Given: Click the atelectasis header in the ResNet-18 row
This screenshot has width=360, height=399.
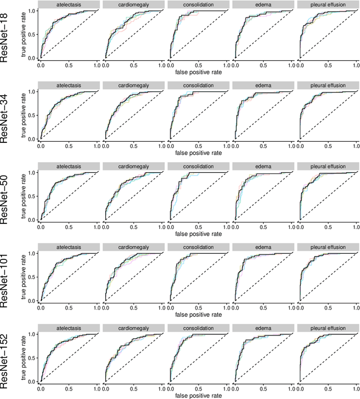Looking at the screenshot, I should coord(69,5).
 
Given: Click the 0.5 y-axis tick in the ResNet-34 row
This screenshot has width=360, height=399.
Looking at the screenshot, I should coord(32,115).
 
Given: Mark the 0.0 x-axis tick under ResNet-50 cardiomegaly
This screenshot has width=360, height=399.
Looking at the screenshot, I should coord(105,227).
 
